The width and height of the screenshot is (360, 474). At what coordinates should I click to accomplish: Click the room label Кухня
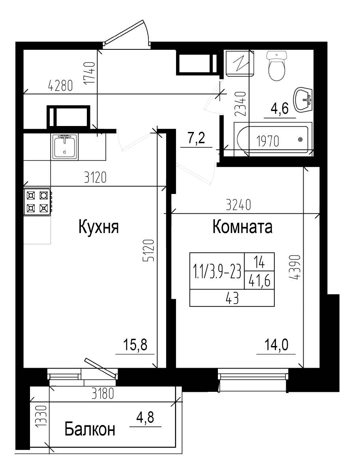(x=99, y=228)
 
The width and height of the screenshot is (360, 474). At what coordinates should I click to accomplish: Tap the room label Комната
(x=242, y=228)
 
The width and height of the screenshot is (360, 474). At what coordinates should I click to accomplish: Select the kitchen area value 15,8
(x=135, y=345)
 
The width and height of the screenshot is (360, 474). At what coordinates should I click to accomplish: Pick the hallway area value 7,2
(x=196, y=139)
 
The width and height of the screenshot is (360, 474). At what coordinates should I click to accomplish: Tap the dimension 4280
(x=60, y=85)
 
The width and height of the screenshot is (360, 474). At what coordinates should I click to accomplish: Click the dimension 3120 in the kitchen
(x=96, y=178)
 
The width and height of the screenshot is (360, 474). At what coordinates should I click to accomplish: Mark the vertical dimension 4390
(x=296, y=267)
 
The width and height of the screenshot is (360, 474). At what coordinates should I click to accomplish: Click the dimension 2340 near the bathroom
(x=240, y=103)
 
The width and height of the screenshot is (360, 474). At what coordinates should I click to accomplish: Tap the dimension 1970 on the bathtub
(x=268, y=141)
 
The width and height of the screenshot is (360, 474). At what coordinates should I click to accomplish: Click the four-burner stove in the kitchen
(x=37, y=201)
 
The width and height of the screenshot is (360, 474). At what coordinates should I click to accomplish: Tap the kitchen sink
(x=64, y=146)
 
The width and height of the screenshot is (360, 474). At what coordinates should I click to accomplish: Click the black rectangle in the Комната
(x=232, y=279)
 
